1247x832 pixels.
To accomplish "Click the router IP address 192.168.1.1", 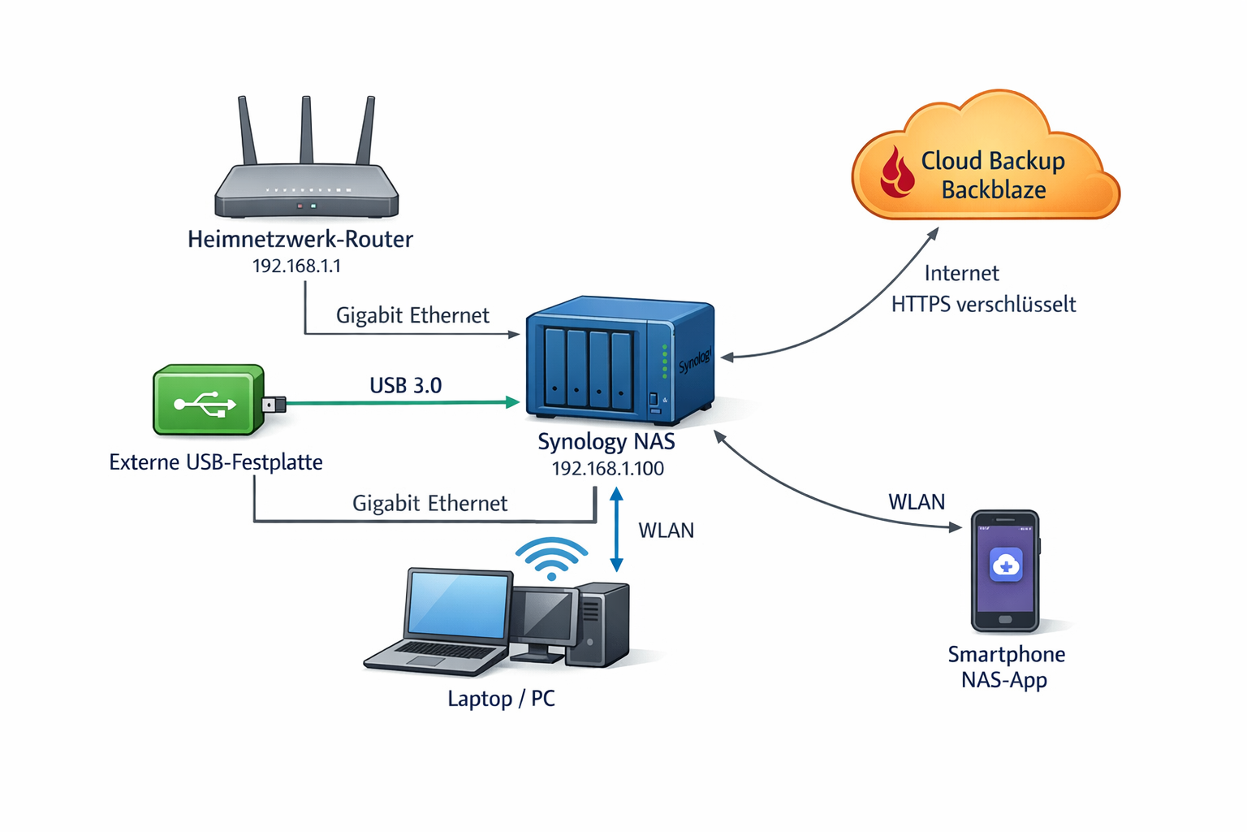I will click(x=296, y=266).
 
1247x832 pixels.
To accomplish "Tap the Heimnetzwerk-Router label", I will click(x=300, y=239).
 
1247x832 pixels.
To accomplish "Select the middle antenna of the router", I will click(x=307, y=130).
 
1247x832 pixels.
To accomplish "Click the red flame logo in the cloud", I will click(x=897, y=172).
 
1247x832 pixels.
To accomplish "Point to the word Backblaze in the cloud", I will click(x=994, y=190).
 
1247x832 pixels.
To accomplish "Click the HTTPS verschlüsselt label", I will click(x=983, y=305).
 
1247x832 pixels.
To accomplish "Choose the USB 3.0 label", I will click(x=405, y=385).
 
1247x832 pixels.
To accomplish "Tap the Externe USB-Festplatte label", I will click(x=216, y=462).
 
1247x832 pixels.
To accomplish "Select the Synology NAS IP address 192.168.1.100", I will click(x=607, y=469).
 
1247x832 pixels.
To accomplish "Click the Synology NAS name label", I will click(x=606, y=442).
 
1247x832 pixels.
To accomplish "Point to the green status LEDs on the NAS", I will click(x=665, y=361).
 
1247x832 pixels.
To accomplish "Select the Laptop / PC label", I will click(x=501, y=699).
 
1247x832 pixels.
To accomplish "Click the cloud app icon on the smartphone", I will click(x=1006, y=565).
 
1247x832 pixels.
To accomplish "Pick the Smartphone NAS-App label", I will click(x=1006, y=667).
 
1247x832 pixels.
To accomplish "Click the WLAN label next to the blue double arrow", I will click(x=666, y=531).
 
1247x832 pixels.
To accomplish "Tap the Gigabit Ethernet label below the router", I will click(x=412, y=315).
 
